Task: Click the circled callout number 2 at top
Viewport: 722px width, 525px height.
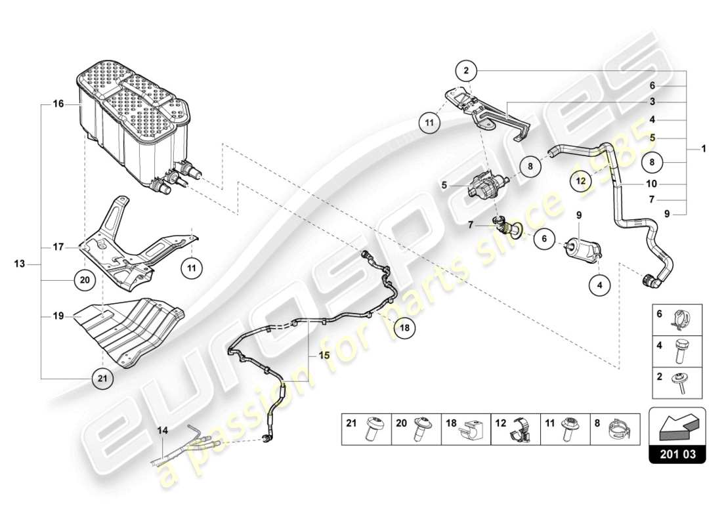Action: point(465,70)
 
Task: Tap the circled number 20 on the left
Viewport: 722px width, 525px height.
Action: point(84,280)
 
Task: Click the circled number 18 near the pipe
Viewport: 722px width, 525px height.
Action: point(405,326)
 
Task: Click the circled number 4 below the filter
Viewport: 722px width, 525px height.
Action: point(599,285)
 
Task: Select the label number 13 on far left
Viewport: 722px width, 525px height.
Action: point(20,264)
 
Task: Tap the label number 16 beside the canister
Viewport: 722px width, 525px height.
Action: point(58,104)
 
